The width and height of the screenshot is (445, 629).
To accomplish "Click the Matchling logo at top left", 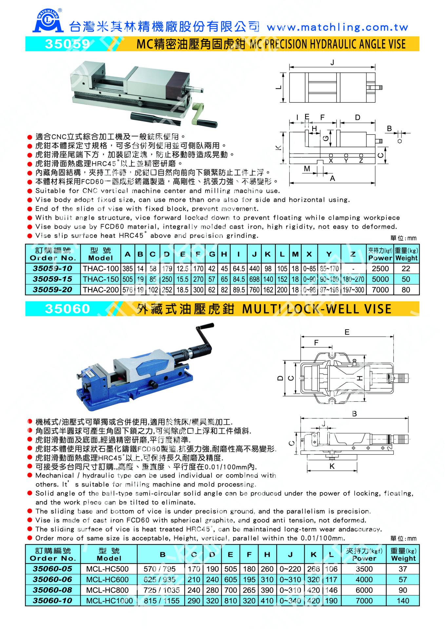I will pyautogui.click(x=48, y=21).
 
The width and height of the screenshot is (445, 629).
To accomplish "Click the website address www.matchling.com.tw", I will pyautogui.click(x=338, y=27).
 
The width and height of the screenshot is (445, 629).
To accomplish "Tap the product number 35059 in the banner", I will pyautogui.click(x=67, y=44).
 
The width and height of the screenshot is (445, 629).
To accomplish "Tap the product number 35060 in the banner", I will pyautogui.click(x=67, y=309).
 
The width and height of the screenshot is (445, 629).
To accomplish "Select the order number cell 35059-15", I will pyautogui.click(x=52, y=279).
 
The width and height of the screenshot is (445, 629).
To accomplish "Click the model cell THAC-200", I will pyautogui.click(x=100, y=290).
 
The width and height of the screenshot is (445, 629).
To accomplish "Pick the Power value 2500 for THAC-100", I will pyautogui.click(x=380, y=269).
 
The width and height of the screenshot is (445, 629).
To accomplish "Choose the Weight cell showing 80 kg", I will pyautogui.click(x=406, y=290).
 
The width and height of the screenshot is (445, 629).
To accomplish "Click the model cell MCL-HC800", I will pyautogui.click(x=107, y=590).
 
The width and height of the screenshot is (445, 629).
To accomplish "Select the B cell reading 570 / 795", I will pyautogui.click(x=160, y=569).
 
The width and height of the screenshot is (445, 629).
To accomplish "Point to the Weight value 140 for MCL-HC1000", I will pyautogui.click(x=403, y=601).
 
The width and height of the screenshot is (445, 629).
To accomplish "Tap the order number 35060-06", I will pyautogui.click(x=52, y=580).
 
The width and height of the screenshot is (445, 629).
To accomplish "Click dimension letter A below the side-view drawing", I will pyautogui.click(x=332, y=179).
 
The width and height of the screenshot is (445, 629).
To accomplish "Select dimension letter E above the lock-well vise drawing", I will pyautogui.click(x=347, y=332).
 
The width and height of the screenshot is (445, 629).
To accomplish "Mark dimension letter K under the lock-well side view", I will pyautogui.click(x=332, y=466).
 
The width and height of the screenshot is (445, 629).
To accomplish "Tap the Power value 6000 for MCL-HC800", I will pyautogui.click(x=364, y=590).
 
